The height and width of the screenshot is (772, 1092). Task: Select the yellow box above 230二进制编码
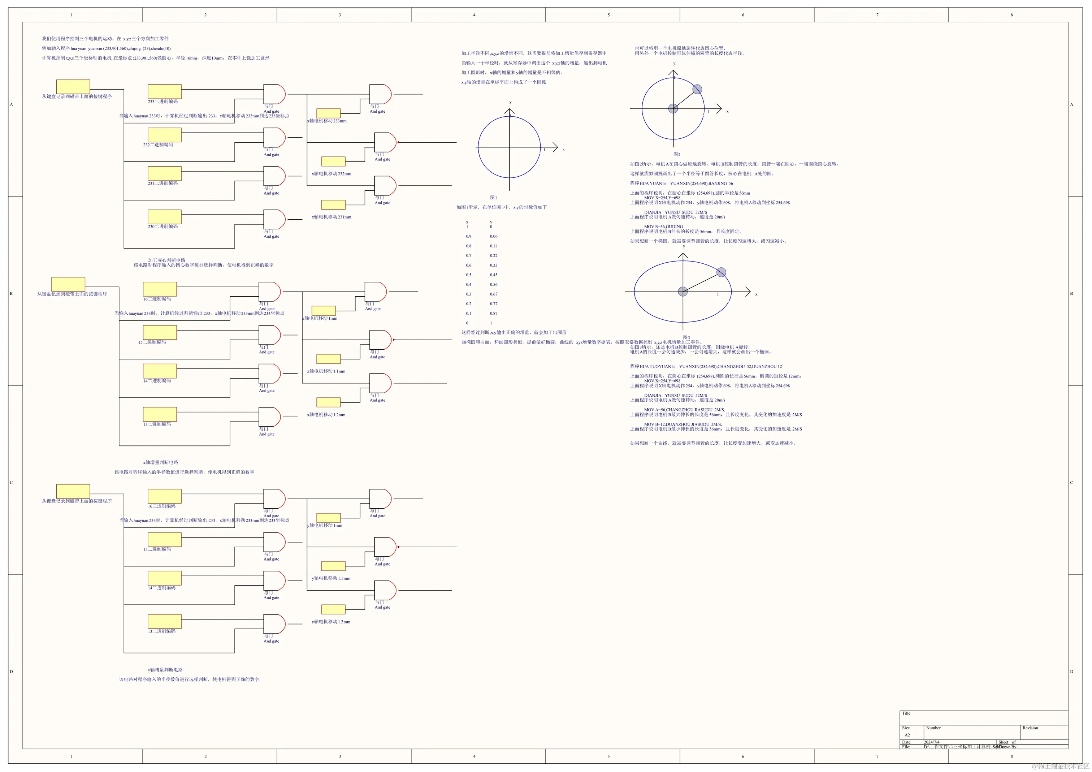pos(165,217)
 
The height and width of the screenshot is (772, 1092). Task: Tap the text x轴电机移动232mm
pos(331,174)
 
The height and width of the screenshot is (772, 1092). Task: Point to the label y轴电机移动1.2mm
pos(331,622)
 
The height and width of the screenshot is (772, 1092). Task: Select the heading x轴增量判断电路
pos(161,463)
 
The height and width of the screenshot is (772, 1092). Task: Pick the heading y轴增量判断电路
pos(165,670)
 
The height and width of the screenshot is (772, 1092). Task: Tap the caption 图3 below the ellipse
pos(686,338)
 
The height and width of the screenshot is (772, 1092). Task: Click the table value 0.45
pos(494,275)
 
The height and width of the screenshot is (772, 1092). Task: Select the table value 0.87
pos(494,314)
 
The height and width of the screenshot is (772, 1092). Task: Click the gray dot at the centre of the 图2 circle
pos(673,108)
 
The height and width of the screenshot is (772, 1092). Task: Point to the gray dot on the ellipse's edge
pos(721,272)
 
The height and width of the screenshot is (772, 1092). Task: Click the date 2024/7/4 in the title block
pos(932,742)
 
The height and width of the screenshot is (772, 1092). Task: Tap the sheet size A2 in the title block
pos(907,735)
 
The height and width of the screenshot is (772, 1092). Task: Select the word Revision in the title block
pos(1030,728)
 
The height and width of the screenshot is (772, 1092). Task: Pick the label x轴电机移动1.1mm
pos(326,371)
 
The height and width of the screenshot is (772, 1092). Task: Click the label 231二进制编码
pos(162,184)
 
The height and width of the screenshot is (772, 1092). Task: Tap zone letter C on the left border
pos(12,483)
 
